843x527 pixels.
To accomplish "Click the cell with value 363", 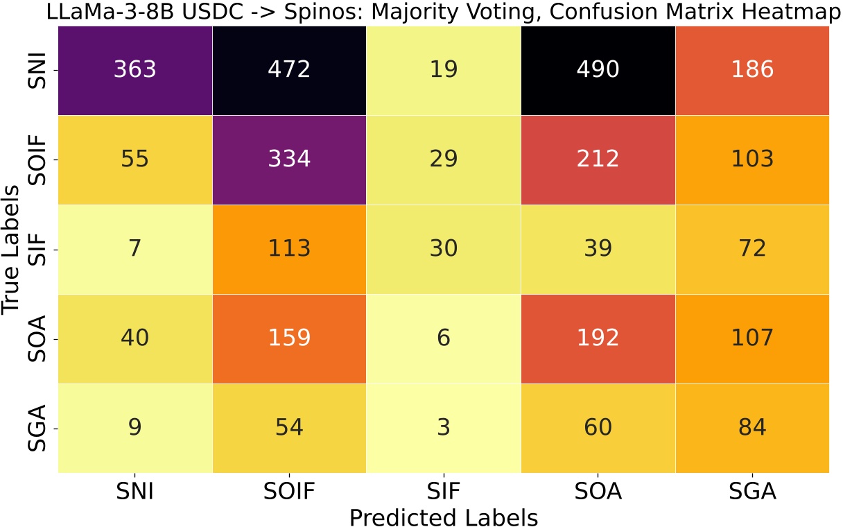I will click(134, 70).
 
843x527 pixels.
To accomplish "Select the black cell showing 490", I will click(598, 70).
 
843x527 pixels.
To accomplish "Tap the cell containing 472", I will click(289, 70).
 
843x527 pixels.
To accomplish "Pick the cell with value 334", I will click(289, 159).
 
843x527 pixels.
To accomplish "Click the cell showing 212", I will click(598, 159).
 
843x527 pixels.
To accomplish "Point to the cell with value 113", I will click(289, 249).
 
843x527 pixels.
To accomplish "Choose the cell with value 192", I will click(598, 338).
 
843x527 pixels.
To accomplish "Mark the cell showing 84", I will click(752, 427).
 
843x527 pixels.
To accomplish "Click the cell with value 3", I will click(444, 427).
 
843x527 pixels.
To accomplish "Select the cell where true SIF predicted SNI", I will click(134, 249).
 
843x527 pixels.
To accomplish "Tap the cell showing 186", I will click(752, 70).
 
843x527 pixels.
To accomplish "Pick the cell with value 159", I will click(289, 338).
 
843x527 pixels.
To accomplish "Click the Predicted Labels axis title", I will click(444, 517).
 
